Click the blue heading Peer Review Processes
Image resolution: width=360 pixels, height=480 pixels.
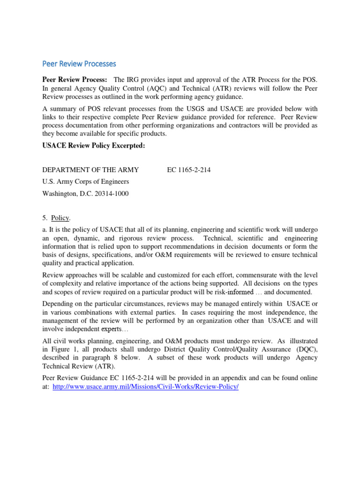(x=79, y=63)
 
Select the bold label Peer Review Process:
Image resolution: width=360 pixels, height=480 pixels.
(x=75, y=80)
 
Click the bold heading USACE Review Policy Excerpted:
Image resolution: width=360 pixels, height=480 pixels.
(x=94, y=146)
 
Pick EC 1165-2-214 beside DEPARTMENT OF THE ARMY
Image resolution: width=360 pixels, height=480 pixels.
(x=189, y=170)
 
